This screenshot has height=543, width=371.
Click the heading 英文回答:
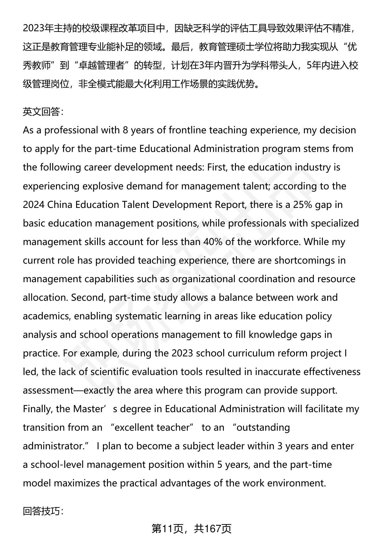pyautogui.click(x=43, y=112)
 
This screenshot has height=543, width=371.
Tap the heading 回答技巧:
pyautogui.click(x=43, y=511)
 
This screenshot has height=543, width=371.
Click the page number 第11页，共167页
pyautogui.click(x=191, y=529)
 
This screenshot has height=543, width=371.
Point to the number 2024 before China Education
pyautogui.click(x=34, y=205)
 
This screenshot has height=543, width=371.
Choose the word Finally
pyautogui.click(x=38, y=409)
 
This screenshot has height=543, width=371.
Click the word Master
pyautogui.click(x=88, y=409)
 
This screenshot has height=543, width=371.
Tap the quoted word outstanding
pyautogui.click(x=263, y=428)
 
